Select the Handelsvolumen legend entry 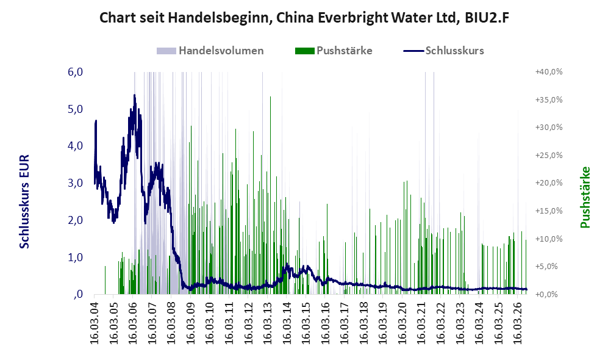click(x=210, y=51)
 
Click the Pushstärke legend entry click(x=334, y=51)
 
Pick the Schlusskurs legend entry click(x=443, y=51)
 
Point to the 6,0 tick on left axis click(x=75, y=72)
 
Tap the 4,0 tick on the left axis click(x=75, y=146)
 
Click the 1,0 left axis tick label click(x=75, y=257)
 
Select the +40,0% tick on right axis click(x=549, y=72)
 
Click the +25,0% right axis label click(x=549, y=155)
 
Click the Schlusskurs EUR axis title click(x=24, y=202)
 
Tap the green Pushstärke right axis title click(x=585, y=197)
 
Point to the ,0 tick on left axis click(x=78, y=294)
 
